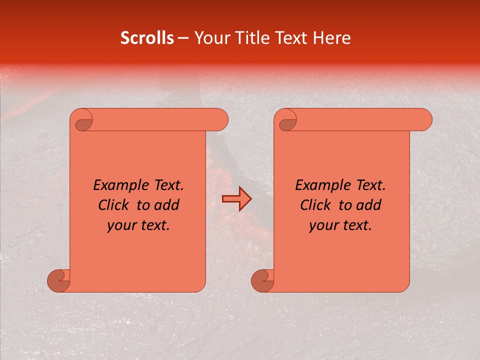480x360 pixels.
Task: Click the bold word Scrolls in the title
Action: [147, 38]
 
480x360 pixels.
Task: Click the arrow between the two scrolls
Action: [236, 199]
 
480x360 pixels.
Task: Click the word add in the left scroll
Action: [167, 205]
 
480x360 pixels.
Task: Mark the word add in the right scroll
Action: [369, 205]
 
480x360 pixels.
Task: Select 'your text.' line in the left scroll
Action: [138, 225]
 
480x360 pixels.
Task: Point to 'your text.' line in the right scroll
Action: [340, 225]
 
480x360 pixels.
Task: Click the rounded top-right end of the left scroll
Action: [220, 120]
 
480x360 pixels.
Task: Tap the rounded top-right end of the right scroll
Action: [424, 120]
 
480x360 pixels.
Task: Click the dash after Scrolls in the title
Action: [183, 38]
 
